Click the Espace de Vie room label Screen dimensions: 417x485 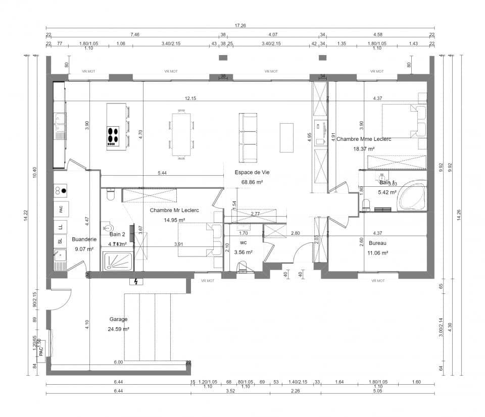pyautogui.click(x=252, y=172)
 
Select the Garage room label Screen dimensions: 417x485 pyautogui.click(x=118, y=319)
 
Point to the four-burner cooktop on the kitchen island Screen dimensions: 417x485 pyautogui.click(x=113, y=135)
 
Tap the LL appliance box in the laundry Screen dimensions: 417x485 pyautogui.click(x=61, y=227)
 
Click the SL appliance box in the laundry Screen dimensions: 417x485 pyautogui.click(x=61, y=241)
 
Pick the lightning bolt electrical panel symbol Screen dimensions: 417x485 pyautogui.click(x=137, y=281)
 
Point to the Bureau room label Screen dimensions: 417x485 pyautogui.click(x=377, y=243)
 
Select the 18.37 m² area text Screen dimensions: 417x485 pyautogui.click(x=364, y=149)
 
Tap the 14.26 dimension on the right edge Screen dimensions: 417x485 pyautogui.click(x=459, y=215)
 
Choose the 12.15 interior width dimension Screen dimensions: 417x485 pyautogui.click(x=190, y=98)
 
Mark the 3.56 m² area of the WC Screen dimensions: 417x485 pyautogui.click(x=243, y=252)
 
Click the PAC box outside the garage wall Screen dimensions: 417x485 pyautogui.click(x=41, y=349)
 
